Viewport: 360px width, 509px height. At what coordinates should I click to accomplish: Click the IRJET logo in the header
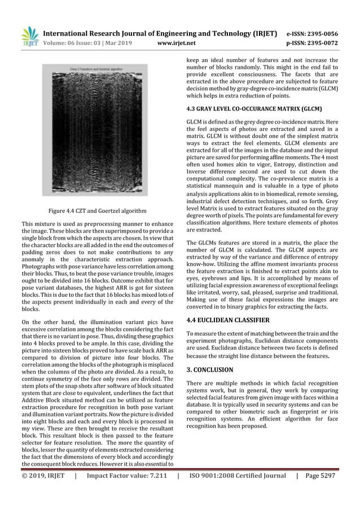click(x=29, y=36)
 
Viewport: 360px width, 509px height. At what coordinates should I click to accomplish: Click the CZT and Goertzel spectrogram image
click(x=95, y=136)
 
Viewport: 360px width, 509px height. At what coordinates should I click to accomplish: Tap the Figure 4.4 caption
click(x=95, y=211)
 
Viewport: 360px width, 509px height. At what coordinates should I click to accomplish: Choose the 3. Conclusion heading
click(x=209, y=370)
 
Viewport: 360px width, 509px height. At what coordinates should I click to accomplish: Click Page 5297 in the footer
click(x=320, y=475)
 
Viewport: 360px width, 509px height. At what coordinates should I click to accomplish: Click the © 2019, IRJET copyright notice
click(x=43, y=475)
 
